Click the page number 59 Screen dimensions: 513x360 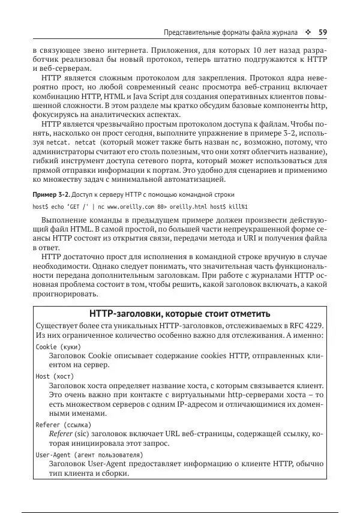(322, 32)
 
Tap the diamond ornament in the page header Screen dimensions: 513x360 (308, 32)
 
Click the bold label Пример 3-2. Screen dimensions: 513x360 (51, 195)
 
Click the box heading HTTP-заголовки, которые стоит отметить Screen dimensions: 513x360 (179, 314)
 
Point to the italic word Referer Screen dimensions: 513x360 (61, 434)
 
